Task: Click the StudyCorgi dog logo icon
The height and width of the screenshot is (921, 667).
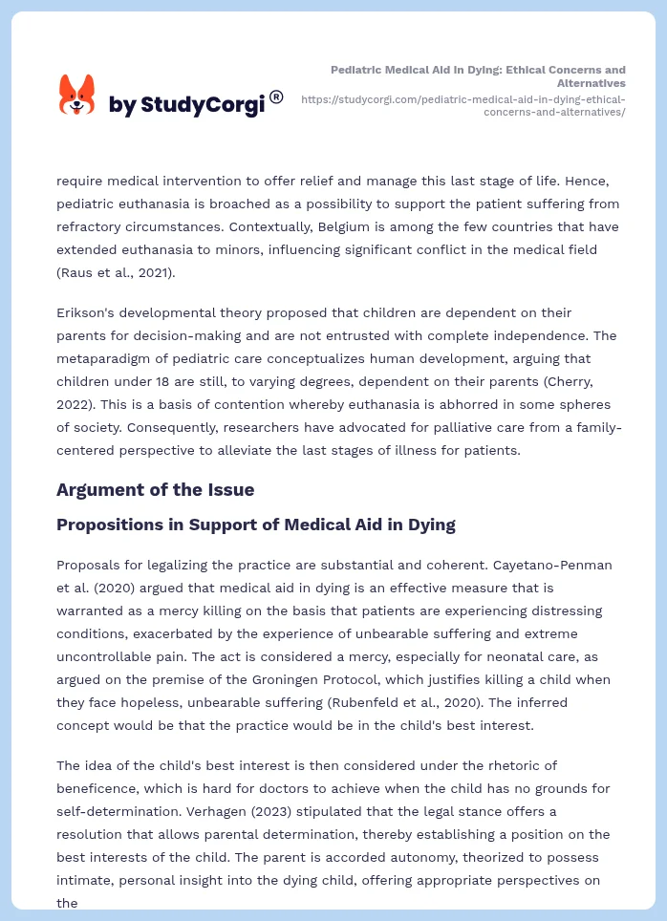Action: [77, 95]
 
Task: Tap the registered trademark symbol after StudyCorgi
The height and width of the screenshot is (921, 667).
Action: [276, 96]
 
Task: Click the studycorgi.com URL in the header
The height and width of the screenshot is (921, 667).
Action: [463, 105]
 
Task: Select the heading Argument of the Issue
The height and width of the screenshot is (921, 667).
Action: [155, 490]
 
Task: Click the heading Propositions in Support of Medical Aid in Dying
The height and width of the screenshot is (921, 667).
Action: [255, 525]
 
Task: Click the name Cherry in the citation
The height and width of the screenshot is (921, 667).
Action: [561, 381]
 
